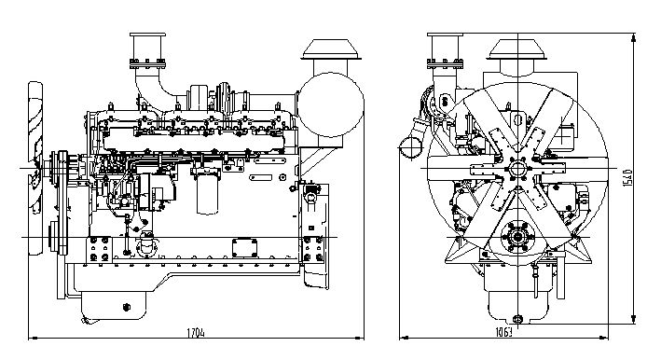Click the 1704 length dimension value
tap(196, 333)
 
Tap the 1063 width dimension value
tap(503, 332)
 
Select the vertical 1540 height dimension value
tap(627, 177)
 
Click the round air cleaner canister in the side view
tap(330, 105)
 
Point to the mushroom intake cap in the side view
tap(330, 49)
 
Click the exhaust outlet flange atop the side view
tap(147, 63)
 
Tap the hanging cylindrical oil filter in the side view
tap(207, 192)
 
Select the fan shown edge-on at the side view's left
tap(35, 168)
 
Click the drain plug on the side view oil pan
tap(126, 307)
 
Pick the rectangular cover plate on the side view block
tap(244, 248)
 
